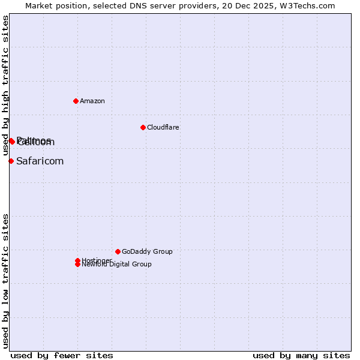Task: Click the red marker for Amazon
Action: pos(76,101)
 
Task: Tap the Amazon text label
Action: pos(92,101)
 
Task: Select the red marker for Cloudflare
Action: pos(143,127)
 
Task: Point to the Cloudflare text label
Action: pos(163,127)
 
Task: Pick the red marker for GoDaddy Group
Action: pos(118,251)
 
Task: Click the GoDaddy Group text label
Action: pos(147,251)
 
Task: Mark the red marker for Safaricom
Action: pos(11,161)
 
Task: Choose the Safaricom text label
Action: pos(40,161)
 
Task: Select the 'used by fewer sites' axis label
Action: pos(62,355)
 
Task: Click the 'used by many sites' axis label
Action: pos(301,355)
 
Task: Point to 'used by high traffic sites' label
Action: pos(5,86)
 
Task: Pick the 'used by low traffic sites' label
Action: pos(5,281)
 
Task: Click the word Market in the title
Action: pos(38,5)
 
